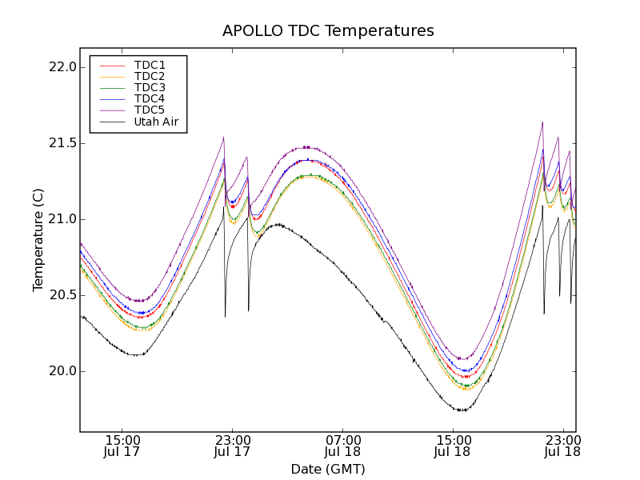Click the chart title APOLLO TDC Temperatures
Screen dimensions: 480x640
coord(328,31)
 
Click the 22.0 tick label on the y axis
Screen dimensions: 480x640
coord(62,67)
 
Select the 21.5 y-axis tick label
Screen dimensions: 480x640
coord(62,143)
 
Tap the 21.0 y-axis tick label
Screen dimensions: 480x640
coord(62,219)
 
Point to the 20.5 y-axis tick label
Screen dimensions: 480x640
coord(62,295)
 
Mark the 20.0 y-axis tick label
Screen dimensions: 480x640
coord(62,371)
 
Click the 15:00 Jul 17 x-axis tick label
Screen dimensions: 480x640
coord(122,446)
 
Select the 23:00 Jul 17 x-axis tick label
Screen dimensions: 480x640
coord(233,446)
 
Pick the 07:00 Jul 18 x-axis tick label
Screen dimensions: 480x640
coord(343,446)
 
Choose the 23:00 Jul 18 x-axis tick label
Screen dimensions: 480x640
coord(562,446)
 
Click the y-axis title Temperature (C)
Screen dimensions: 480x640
coord(38,239)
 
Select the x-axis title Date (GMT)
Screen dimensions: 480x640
coord(328,469)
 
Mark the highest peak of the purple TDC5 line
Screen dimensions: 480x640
coord(542,122)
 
